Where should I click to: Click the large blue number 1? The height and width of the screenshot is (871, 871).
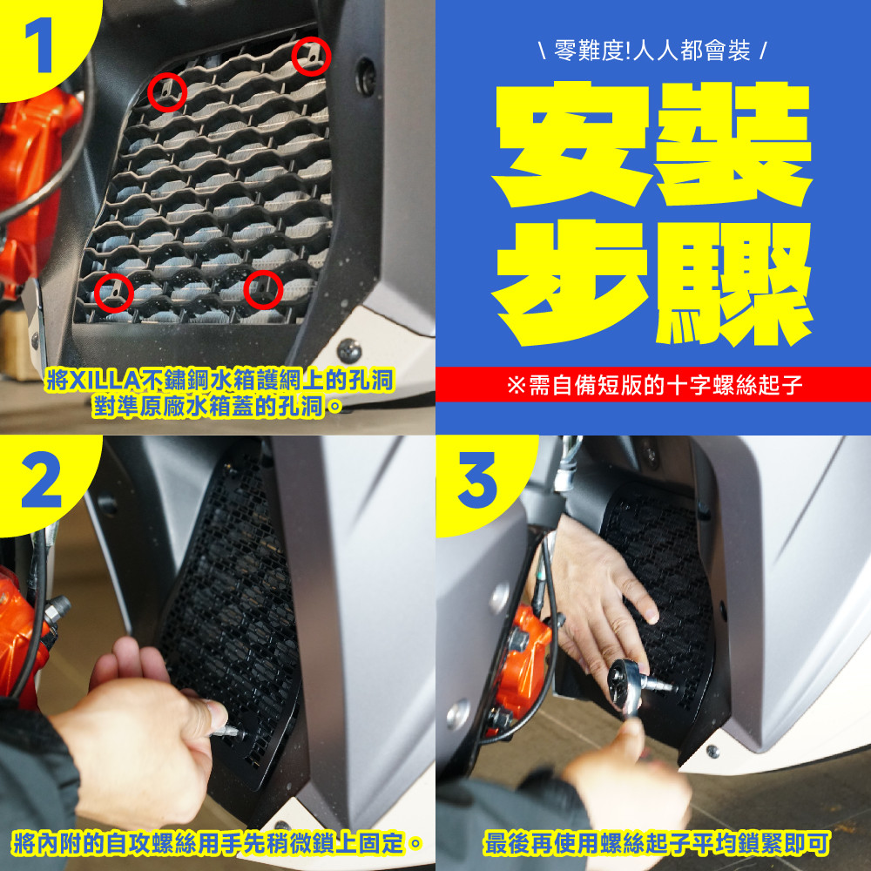click(40, 44)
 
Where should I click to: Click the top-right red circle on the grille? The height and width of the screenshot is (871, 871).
click(312, 57)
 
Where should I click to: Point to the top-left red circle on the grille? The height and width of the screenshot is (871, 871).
click(167, 92)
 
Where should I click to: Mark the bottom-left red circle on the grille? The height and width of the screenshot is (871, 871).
click(114, 293)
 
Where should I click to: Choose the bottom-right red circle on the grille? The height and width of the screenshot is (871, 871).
click(263, 289)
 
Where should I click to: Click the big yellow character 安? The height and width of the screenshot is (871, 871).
click(571, 145)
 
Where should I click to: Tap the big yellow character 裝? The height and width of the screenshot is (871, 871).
click(733, 144)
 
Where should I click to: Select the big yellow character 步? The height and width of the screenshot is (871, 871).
click(572, 282)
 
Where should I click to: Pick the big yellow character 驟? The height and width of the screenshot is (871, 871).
click(733, 283)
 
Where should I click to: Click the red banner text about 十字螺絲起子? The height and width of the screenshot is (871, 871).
click(654, 384)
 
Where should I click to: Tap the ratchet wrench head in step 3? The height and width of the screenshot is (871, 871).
click(625, 680)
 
